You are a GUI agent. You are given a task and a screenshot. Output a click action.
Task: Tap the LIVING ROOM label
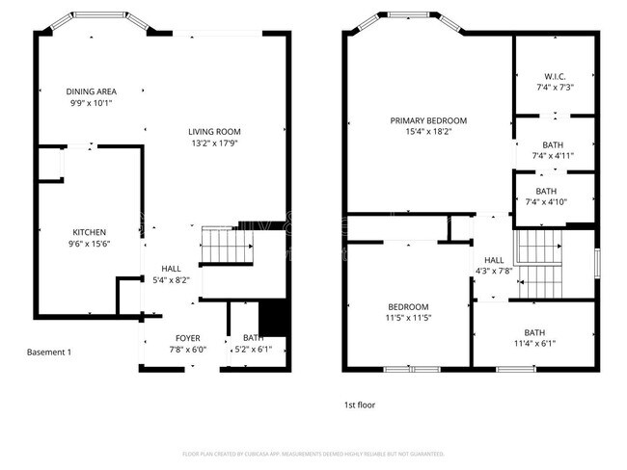click(213, 132)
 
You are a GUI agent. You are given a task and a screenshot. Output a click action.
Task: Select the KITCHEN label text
click(89, 232)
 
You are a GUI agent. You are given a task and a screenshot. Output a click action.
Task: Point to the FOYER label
click(187, 338)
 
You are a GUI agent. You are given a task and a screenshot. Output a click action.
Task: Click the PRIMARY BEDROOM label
click(428, 120)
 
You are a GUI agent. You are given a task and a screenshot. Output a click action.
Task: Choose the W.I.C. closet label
click(554, 77)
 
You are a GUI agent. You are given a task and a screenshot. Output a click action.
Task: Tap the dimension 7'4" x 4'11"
click(554, 155)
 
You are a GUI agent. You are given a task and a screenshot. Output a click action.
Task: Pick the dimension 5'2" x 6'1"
click(254, 350)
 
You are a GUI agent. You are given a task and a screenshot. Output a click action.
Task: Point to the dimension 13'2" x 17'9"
click(213, 143)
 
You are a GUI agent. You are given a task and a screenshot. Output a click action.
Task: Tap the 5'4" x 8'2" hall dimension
click(171, 280)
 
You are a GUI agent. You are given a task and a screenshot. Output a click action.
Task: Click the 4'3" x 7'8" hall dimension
click(493, 271)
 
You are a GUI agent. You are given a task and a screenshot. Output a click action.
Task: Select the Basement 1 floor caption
click(48, 352)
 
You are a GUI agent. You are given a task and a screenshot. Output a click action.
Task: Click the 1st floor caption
click(360, 405)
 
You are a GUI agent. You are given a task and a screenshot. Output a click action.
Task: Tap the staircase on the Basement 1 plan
click(230, 248)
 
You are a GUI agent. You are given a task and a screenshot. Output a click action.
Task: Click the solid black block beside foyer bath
click(275, 317)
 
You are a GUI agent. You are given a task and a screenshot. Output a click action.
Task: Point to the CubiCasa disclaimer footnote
click(313, 453)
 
